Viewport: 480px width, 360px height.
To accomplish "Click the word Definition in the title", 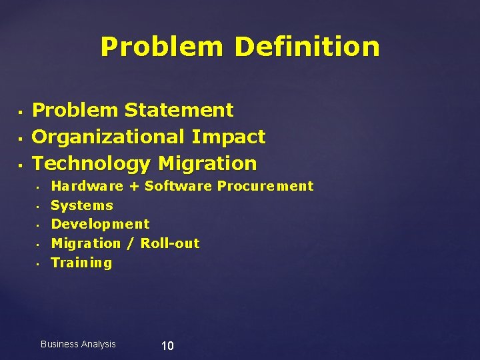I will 307,47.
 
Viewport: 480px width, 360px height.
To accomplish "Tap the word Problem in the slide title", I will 162,47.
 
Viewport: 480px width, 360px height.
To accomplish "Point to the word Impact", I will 228,137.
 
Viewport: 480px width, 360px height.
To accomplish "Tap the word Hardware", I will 87,186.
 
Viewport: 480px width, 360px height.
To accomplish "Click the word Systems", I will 82,205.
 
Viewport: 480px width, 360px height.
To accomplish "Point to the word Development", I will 100,225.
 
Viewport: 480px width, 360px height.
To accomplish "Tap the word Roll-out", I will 170,243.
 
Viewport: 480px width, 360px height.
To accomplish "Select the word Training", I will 81,263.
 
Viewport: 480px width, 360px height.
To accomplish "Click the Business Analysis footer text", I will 78,344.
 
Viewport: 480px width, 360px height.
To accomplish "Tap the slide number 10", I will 167,345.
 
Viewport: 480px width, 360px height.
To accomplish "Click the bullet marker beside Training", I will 39,263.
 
